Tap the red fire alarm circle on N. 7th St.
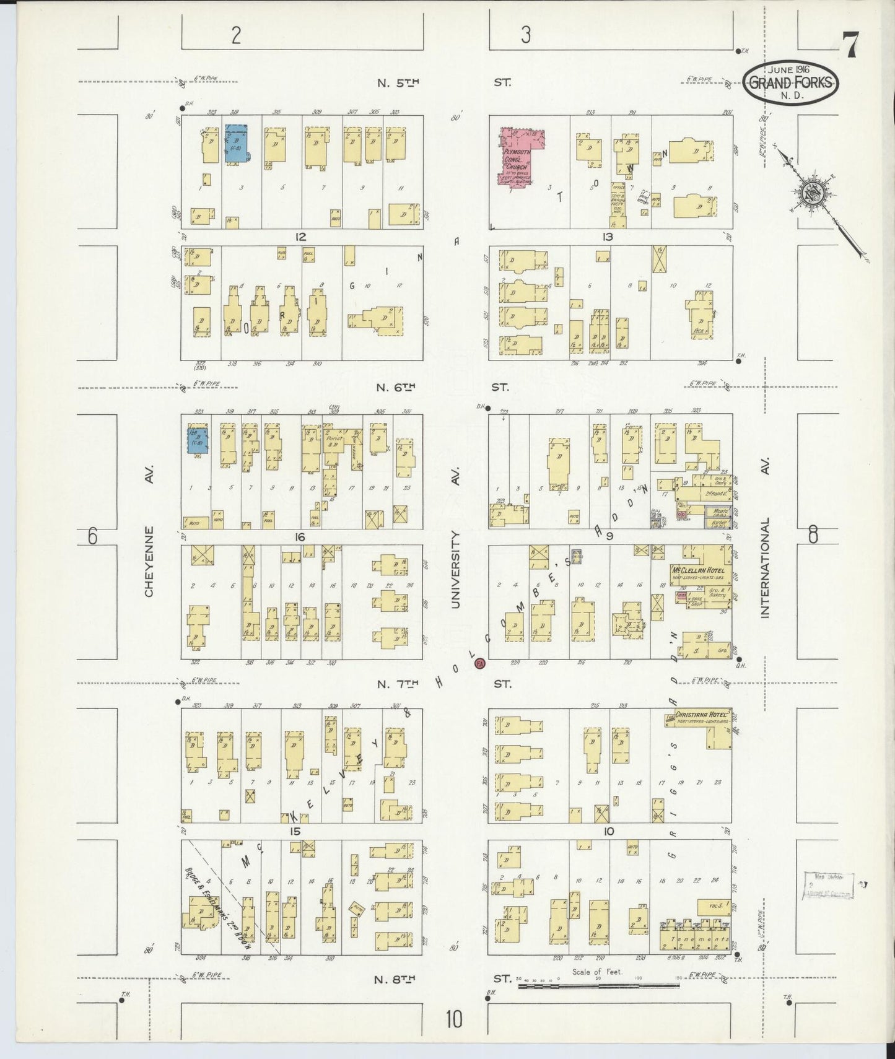pyautogui.click(x=479, y=664)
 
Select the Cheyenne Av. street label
pyautogui.click(x=149, y=562)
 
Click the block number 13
pyautogui.click(x=607, y=237)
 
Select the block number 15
pyautogui.click(x=295, y=831)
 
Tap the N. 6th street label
pyautogui.click(x=395, y=387)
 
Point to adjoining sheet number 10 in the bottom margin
pyautogui.click(x=454, y=1019)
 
